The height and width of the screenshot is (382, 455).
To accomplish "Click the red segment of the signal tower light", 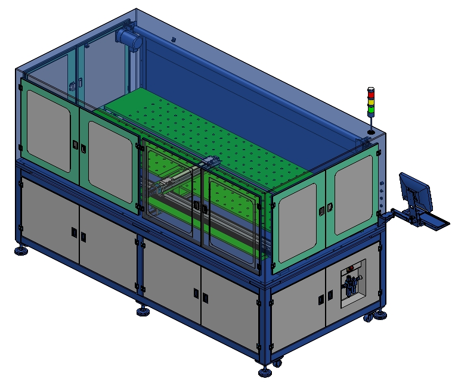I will (371, 94).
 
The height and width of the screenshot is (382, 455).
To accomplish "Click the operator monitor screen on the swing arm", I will (416, 191).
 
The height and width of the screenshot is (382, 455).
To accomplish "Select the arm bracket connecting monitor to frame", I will (391, 213).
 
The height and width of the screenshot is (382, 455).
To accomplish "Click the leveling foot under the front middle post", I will (143, 311).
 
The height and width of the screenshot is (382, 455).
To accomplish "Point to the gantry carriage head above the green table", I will (209, 163).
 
